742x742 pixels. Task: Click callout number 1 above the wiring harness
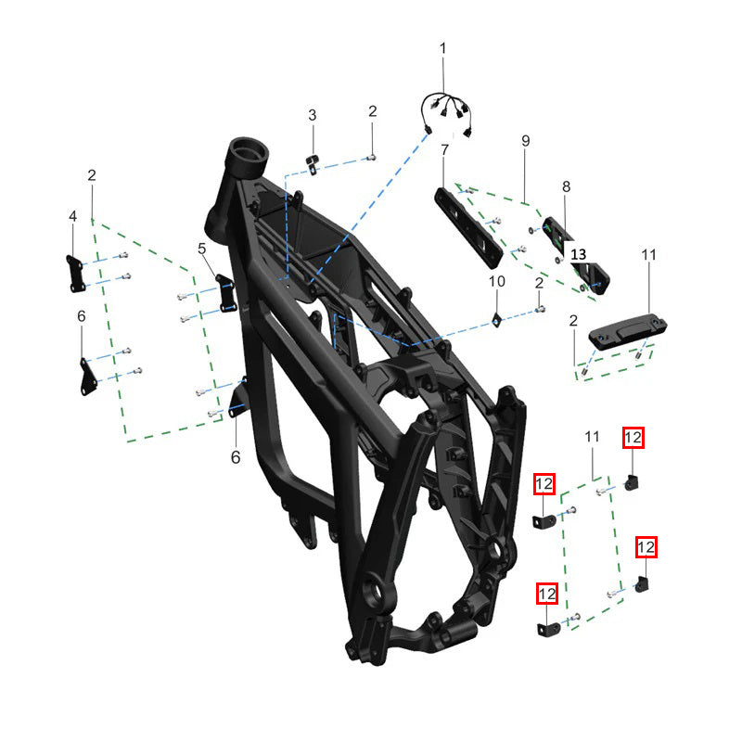443,48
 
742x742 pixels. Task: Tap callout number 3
313,115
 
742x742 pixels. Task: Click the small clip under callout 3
313,163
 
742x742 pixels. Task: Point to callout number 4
72,216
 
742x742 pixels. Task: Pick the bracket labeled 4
75,274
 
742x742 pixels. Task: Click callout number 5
202,249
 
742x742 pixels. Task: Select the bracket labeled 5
226,293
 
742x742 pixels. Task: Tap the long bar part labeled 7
468,227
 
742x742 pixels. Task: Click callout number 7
444,150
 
